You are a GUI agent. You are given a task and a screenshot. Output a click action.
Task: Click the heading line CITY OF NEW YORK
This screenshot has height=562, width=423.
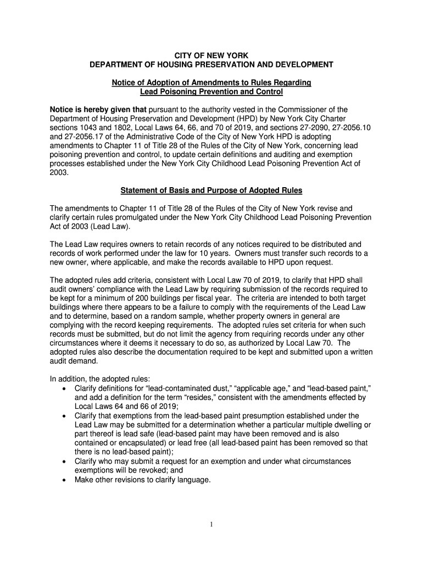click(x=211, y=55)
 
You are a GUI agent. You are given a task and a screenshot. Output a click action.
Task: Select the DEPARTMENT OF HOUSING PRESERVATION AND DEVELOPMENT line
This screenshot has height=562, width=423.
click(x=211, y=65)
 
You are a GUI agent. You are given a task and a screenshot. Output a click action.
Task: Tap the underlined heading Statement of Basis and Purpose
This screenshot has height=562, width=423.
click(x=211, y=190)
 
